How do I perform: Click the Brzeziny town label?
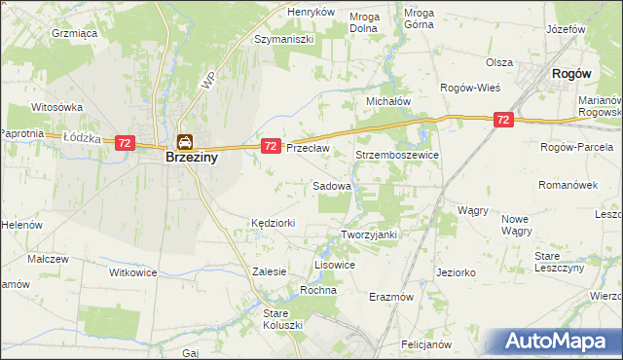[x=176, y=157]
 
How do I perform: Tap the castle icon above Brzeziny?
[x=184, y=141]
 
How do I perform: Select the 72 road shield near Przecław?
[x=272, y=145]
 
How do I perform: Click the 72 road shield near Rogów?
[x=502, y=120]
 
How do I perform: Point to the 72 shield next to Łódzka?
[x=124, y=142]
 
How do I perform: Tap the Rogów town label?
[x=572, y=73]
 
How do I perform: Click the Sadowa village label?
[x=332, y=185]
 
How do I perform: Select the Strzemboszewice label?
[x=397, y=155]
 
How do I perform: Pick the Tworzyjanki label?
[x=370, y=234]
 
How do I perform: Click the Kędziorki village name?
[x=273, y=223]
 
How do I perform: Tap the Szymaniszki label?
[x=282, y=39]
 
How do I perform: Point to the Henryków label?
[x=311, y=12]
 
